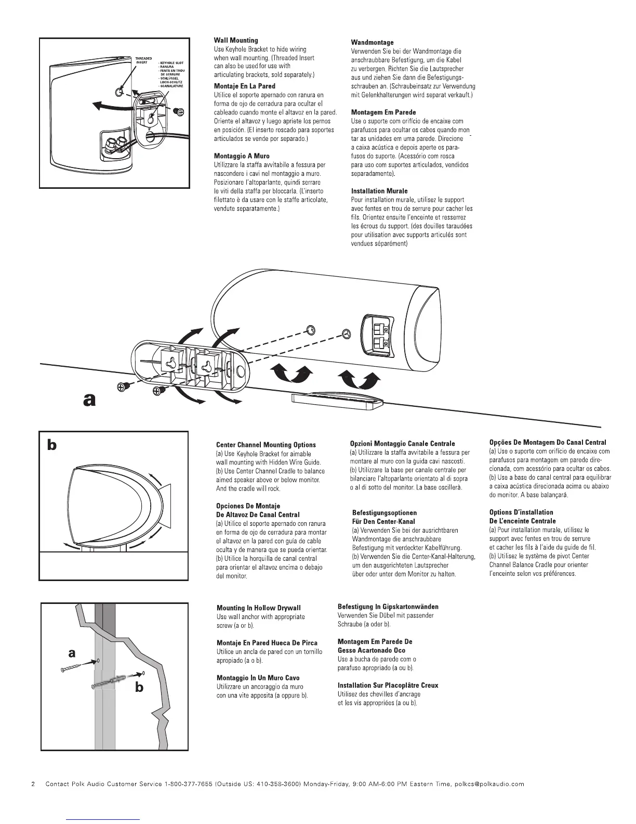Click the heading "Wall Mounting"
[236, 40]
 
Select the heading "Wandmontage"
[373, 42]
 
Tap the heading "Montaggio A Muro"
[242, 156]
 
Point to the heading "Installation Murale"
[379, 191]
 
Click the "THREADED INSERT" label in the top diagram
[143, 60]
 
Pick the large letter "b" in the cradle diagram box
[52, 445]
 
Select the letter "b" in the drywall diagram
[139, 688]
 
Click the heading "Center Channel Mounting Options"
[266, 445]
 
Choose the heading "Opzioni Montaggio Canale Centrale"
[403, 444]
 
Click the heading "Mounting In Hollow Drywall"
[258, 608]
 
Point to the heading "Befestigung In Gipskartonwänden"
[388, 607]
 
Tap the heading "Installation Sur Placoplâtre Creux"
[388, 685]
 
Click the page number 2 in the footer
[33, 784]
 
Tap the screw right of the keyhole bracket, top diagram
[179, 112]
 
